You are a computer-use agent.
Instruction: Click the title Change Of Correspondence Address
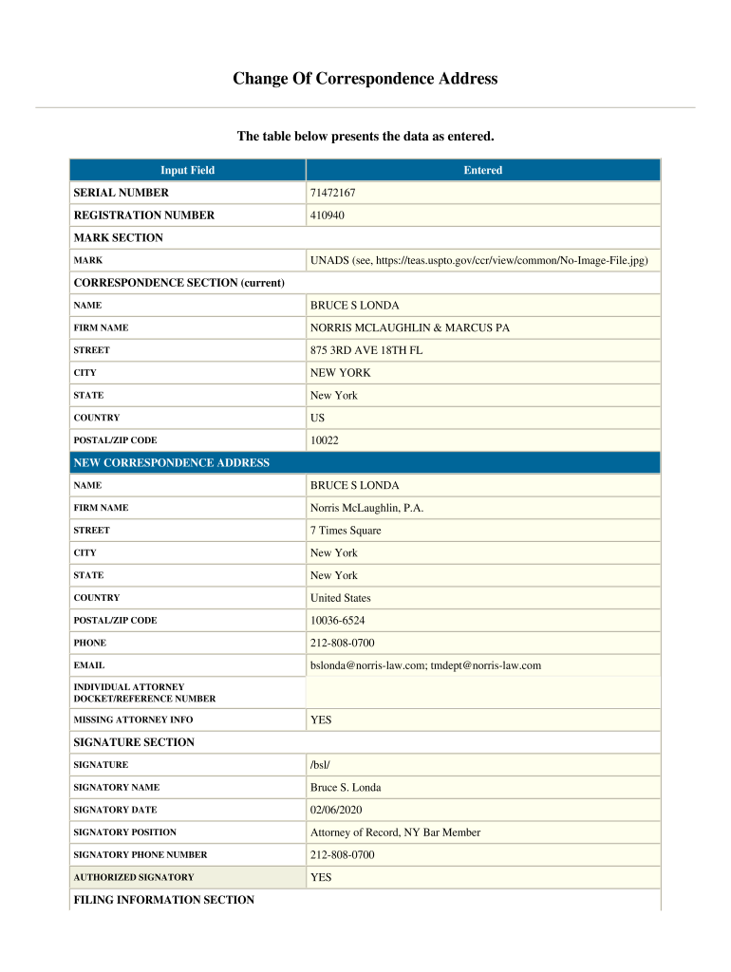click(365, 79)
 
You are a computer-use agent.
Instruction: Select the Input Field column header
click(187, 170)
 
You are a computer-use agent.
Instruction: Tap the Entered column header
click(482, 170)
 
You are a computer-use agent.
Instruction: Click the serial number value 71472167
click(332, 193)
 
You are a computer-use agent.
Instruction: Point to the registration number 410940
click(328, 215)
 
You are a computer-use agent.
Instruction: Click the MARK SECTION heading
click(119, 237)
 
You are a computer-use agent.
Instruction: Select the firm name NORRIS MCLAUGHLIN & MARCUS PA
click(409, 327)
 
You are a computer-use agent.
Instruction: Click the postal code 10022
click(324, 440)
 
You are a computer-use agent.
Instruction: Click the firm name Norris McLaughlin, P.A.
click(366, 508)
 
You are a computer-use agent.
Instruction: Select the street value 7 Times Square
click(346, 531)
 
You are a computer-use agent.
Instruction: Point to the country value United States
click(340, 598)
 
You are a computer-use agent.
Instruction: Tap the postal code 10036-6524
click(337, 621)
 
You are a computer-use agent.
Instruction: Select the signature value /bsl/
click(321, 765)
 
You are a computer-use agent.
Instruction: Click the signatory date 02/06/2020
click(336, 810)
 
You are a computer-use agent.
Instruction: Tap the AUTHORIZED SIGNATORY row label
click(134, 878)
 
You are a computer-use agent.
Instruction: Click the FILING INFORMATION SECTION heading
click(164, 899)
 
